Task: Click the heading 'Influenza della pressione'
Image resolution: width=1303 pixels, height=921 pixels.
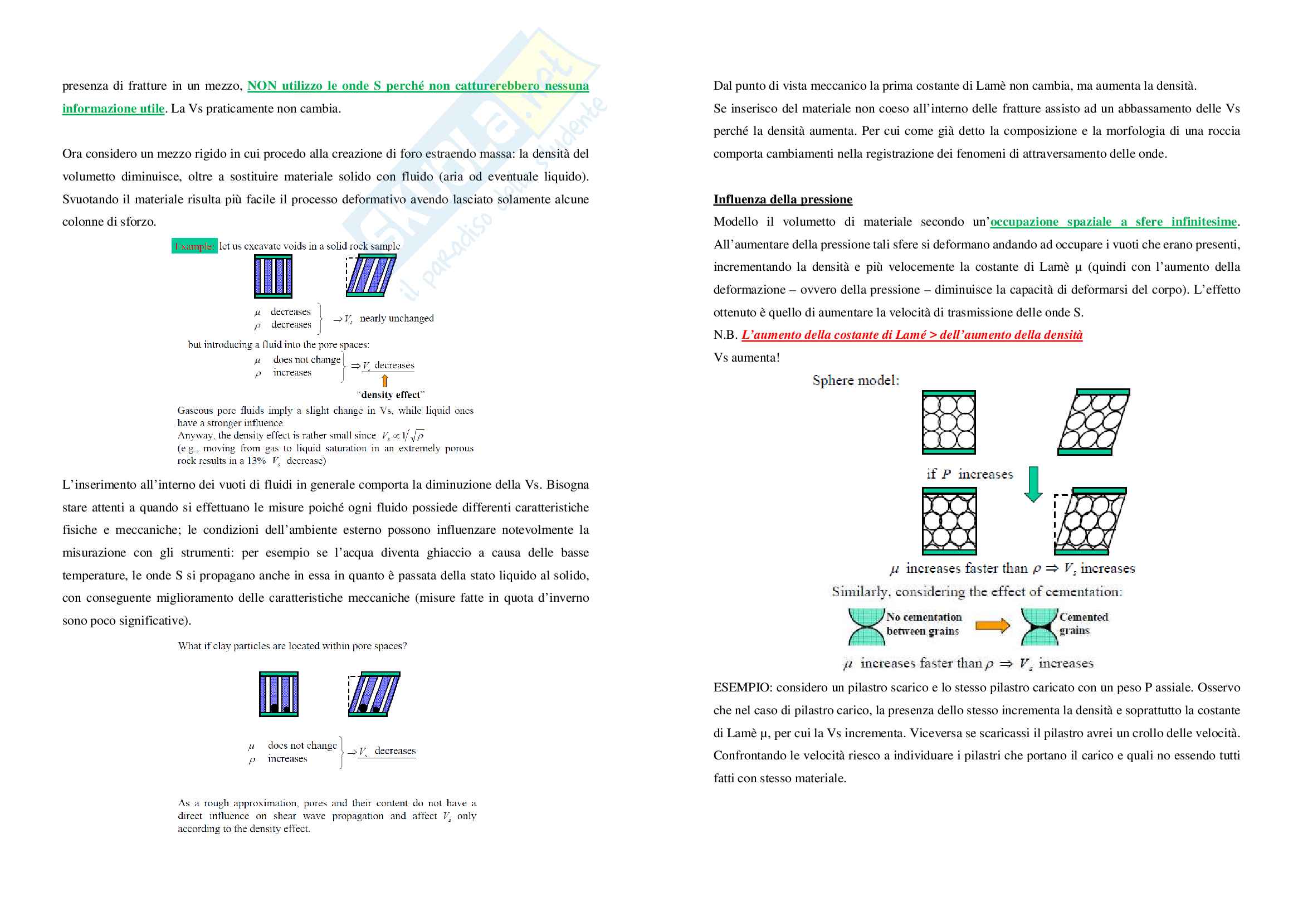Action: point(783,199)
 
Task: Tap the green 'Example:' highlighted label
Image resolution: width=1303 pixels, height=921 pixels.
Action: point(194,246)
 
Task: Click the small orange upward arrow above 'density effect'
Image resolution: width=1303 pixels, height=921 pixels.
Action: point(385,381)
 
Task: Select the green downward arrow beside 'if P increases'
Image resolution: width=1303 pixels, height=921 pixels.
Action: point(1033,484)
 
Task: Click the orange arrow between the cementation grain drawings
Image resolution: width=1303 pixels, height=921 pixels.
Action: point(993,625)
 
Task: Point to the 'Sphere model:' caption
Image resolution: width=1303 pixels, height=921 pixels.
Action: point(855,380)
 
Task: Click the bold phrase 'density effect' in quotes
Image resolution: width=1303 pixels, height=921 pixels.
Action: point(391,395)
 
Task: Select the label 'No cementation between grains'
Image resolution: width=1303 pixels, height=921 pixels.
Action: point(923,623)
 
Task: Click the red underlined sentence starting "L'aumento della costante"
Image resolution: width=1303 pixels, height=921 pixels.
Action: point(911,335)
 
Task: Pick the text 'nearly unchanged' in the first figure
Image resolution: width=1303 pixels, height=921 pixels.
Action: point(396,318)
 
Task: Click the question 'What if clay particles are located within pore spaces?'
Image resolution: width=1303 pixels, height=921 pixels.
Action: point(292,646)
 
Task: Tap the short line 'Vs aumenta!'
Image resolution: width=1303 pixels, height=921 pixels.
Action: point(746,358)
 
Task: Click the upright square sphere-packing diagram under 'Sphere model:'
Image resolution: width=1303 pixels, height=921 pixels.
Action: point(949,423)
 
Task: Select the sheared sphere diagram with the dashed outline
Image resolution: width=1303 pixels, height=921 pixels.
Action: point(1090,521)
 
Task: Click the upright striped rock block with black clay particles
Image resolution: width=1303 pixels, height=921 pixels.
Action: point(279,694)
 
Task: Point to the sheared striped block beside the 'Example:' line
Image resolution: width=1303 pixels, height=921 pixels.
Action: point(371,276)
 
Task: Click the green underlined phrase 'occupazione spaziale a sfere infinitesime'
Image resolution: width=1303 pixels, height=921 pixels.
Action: point(1113,222)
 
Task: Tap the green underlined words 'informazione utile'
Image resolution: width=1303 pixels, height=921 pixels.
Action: point(113,109)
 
